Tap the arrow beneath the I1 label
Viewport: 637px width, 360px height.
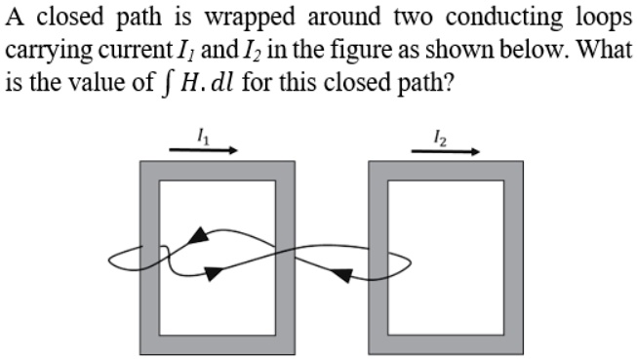coord(204,151)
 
